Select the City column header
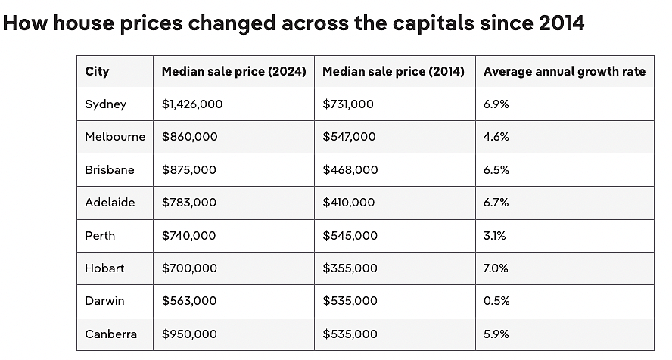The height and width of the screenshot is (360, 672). pos(97,71)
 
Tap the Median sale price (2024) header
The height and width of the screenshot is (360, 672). pos(234,71)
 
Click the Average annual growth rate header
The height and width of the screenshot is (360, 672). pos(565,71)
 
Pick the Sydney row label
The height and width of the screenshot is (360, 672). pos(105,104)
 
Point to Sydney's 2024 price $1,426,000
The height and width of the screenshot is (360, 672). pos(192,104)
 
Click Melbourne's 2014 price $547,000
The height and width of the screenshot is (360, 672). pos(349,137)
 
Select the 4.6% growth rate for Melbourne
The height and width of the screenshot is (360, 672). pos(496,137)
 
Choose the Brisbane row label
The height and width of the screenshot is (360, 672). pos(109,170)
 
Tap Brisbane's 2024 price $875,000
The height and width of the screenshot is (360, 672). pos(189,170)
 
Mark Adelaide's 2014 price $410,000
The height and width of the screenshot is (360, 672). pos(348,203)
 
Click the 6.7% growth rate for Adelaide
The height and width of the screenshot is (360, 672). pos(496,203)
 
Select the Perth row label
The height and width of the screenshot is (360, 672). pos(100,236)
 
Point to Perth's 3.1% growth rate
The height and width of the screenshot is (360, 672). pos(495,236)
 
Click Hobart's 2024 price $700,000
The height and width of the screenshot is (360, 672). pos(189,268)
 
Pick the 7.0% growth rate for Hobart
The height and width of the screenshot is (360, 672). pos(496,268)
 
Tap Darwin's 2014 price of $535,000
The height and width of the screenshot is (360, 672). pos(350,301)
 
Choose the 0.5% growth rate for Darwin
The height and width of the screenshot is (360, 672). pos(496,301)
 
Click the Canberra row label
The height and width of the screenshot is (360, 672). pos(110,334)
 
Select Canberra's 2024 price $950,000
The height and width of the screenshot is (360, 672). pos(189,334)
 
